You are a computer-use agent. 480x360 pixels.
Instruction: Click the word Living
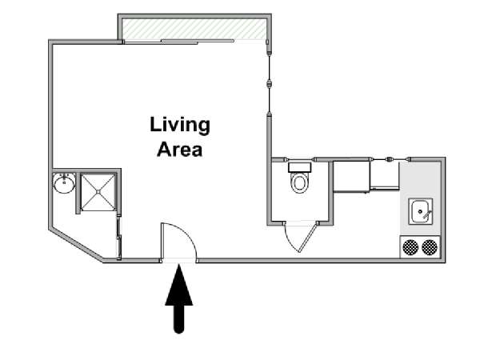pyautogui.click(x=180, y=126)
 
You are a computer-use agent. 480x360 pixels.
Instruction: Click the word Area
pyautogui.click(x=180, y=150)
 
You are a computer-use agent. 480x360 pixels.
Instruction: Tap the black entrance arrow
pyautogui.click(x=178, y=298)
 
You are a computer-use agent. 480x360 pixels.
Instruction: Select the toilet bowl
pyautogui.click(x=300, y=182)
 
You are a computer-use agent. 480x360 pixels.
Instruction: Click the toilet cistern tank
pyautogui.click(x=300, y=167)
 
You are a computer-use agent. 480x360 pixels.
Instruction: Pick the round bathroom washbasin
pyautogui.click(x=64, y=183)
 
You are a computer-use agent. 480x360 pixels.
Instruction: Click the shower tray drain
pyautogui.click(x=98, y=192)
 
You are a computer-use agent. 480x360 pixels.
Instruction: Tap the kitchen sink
pyautogui.click(x=421, y=211)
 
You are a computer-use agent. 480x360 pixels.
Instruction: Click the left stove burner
pyautogui.click(x=410, y=247)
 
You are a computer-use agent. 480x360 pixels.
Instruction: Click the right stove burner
pyautogui.click(x=430, y=247)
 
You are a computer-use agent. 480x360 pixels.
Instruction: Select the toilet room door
pyautogui.click(x=308, y=237)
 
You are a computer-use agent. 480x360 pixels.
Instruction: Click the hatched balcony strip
pyautogui.click(x=194, y=29)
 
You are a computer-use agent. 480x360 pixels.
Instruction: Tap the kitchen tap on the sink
pyautogui.click(x=426, y=214)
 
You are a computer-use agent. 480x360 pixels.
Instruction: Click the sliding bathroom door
pyautogui.click(x=119, y=238)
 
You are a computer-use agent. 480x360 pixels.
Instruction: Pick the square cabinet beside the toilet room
pyautogui.click(x=351, y=176)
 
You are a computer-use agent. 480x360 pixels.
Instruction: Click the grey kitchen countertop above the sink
pyautogui.click(x=421, y=180)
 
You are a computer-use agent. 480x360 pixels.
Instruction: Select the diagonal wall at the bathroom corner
pyautogui.click(x=76, y=245)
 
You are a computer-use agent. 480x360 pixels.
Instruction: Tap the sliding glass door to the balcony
pyautogui.click(x=179, y=42)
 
